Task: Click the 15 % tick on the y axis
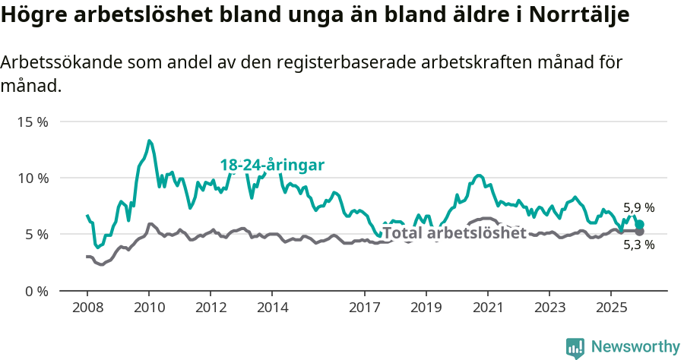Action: coord(33,122)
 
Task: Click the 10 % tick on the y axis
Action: coord(33,178)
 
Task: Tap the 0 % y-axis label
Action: coord(36,291)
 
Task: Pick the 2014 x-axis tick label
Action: coord(272,308)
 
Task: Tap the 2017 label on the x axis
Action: coord(364,308)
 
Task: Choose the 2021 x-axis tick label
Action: coord(488,308)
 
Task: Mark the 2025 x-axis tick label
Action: coord(611,308)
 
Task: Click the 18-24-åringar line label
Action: coord(272,165)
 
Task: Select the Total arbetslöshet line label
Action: coord(454,233)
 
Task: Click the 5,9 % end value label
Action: coord(638,207)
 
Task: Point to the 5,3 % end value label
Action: coord(638,245)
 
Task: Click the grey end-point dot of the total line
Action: coord(639,231)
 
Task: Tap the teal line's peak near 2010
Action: coord(150,141)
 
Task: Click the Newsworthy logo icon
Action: coord(575,348)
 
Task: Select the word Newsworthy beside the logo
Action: coord(635,347)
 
